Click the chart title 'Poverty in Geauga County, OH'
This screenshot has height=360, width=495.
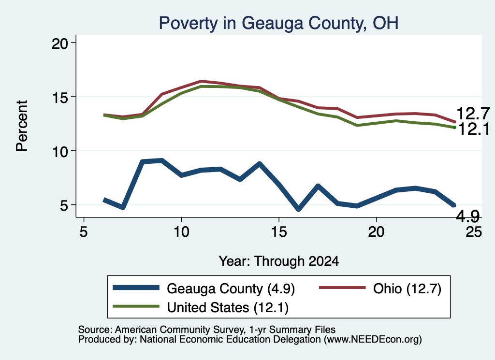click(278, 23)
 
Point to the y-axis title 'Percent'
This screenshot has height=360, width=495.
click(22, 126)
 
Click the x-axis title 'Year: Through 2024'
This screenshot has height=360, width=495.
click(279, 261)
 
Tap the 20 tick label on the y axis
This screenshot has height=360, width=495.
click(60, 43)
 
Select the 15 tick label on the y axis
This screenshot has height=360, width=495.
click(60, 98)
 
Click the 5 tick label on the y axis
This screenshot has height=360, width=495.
click(64, 206)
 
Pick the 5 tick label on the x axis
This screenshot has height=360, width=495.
click(83, 232)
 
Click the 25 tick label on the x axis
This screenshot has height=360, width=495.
click(474, 232)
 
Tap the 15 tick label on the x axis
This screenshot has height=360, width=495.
click(279, 232)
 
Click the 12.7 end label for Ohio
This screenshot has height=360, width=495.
click(473, 114)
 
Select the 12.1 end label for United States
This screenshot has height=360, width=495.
click(473, 129)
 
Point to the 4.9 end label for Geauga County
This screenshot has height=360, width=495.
click(468, 216)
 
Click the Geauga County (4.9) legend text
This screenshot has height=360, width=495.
click(231, 288)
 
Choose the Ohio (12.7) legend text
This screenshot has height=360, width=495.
click(407, 288)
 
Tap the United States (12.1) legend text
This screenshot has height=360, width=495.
click(228, 308)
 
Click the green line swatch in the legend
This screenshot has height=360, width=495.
click(136, 307)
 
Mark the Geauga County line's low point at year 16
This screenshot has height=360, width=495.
click(298, 209)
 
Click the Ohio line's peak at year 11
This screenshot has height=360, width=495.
click(201, 81)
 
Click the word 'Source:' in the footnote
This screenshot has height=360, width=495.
click(95, 330)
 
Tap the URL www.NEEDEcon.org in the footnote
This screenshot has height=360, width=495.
click(373, 340)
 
